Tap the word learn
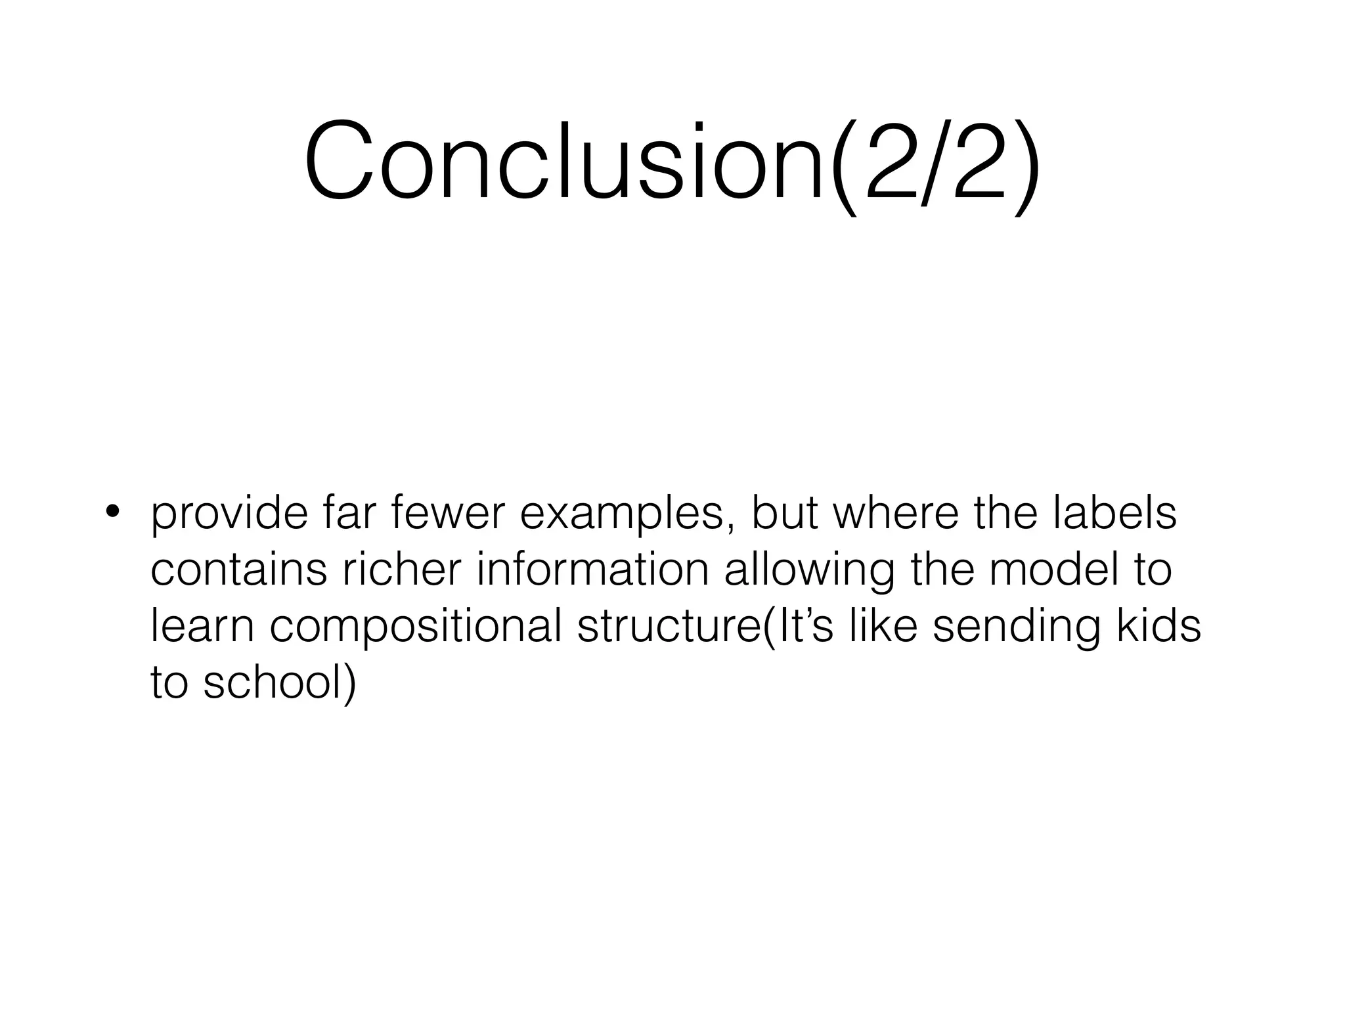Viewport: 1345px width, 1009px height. [202, 625]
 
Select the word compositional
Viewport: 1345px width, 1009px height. [416, 627]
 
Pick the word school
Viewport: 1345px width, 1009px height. [279, 682]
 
